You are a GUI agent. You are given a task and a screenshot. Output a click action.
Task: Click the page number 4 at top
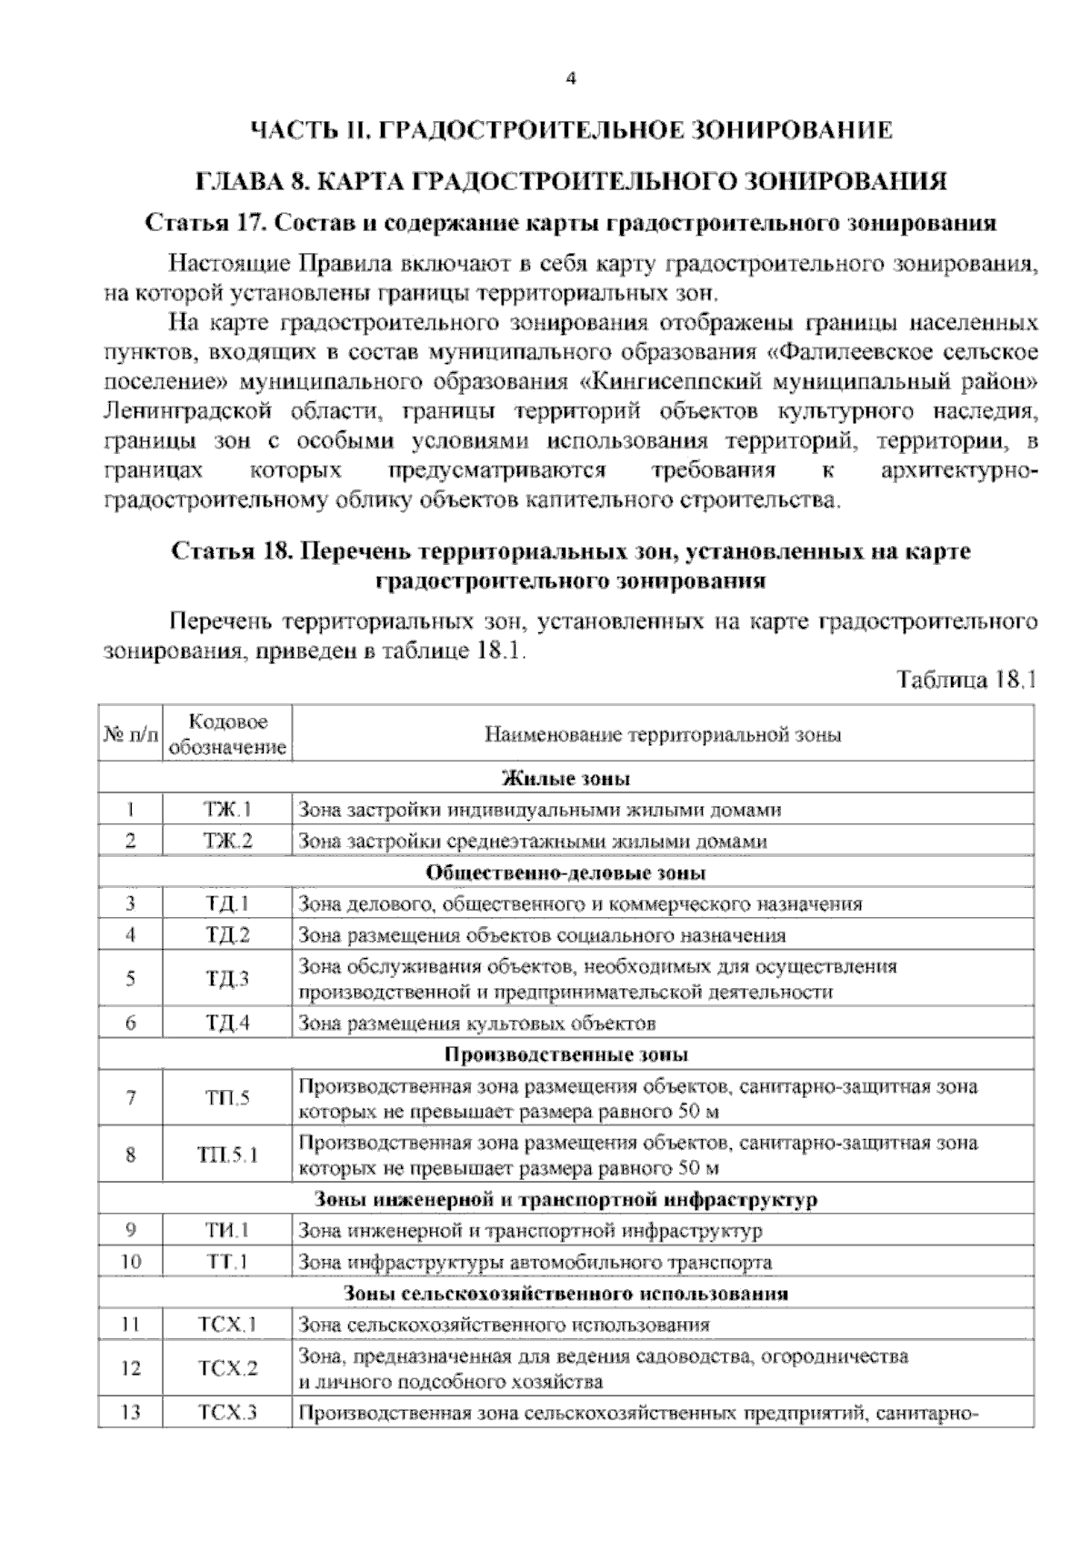pyautogui.click(x=571, y=79)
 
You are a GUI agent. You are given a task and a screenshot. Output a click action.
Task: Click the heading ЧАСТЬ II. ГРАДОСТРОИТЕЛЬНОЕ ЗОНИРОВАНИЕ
pyautogui.click(x=571, y=130)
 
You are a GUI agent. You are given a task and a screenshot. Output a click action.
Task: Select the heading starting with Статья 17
pyautogui.click(x=571, y=223)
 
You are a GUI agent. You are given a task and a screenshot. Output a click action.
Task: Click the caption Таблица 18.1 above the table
pyautogui.click(x=966, y=681)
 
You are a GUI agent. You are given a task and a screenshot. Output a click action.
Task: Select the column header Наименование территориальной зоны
pyautogui.click(x=663, y=735)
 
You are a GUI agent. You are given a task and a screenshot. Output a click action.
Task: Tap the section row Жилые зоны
pyautogui.click(x=566, y=779)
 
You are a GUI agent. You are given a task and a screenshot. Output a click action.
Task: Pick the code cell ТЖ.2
pyautogui.click(x=228, y=842)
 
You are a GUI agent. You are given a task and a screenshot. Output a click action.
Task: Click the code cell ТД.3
pyautogui.click(x=228, y=979)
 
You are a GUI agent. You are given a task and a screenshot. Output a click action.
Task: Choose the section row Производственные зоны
pyautogui.click(x=566, y=1055)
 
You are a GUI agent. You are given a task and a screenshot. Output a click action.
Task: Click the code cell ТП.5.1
pyautogui.click(x=228, y=1155)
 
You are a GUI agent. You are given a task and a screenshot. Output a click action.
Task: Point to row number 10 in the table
pyautogui.click(x=131, y=1263)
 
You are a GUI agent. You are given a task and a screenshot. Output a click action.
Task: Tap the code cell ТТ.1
pyautogui.click(x=228, y=1263)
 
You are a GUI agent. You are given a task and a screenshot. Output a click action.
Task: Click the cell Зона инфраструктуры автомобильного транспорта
pyautogui.click(x=535, y=1263)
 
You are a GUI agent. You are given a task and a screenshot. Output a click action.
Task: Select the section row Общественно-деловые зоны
pyautogui.click(x=566, y=873)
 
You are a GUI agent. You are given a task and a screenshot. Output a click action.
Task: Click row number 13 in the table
pyautogui.click(x=131, y=1414)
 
